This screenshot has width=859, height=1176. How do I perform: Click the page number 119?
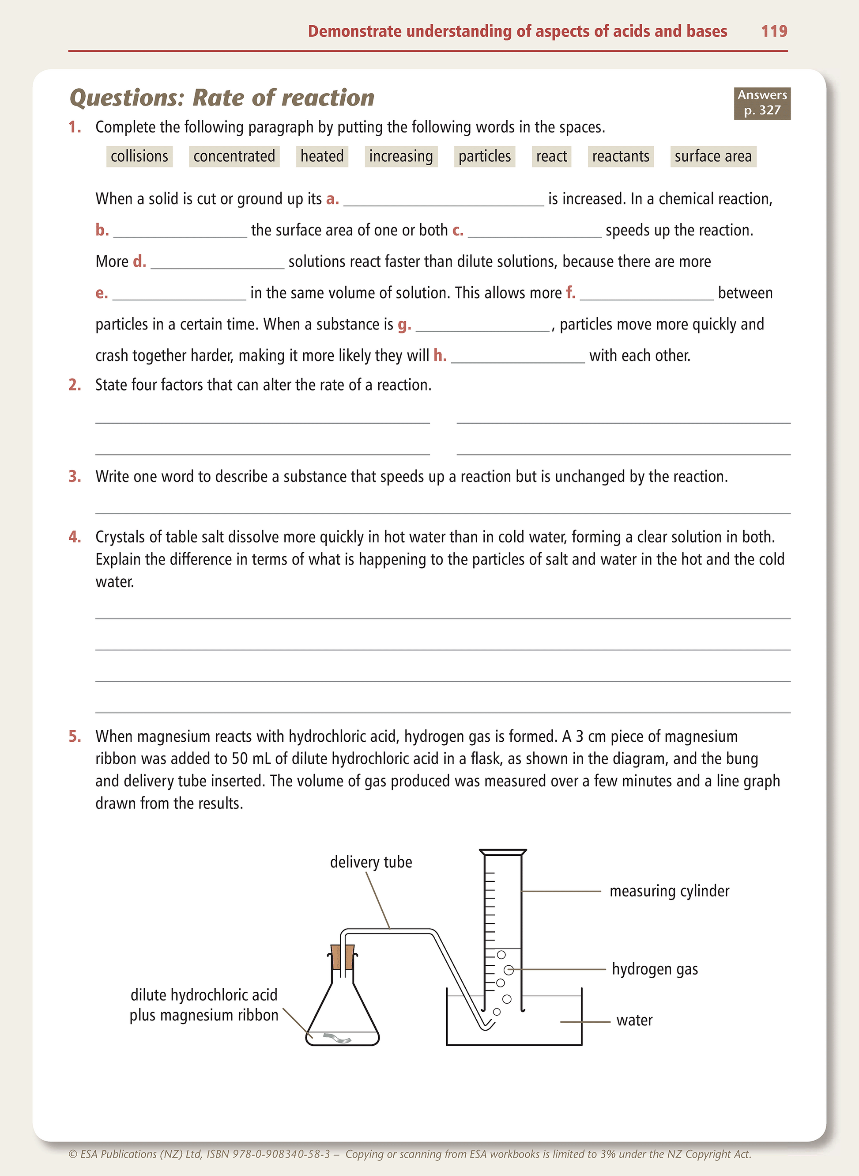(x=774, y=31)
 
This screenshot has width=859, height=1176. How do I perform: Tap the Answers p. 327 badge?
(x=762, y=103)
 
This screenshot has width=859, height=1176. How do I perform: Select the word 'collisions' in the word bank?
(x=139, y=156)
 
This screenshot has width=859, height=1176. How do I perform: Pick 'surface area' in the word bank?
(x=713, y=156)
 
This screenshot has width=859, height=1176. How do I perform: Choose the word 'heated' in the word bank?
(x=322, y=156)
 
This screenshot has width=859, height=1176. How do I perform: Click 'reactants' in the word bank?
(x=620, y=156)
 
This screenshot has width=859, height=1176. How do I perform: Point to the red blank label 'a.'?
(x=333, y=199)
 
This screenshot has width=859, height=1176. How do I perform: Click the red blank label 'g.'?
(x=404, y=324)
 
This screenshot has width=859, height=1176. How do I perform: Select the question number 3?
(x=74, y=477)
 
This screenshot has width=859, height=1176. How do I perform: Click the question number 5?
(x=74, y=736)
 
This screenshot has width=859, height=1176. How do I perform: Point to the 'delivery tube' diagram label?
(x=371, y=862)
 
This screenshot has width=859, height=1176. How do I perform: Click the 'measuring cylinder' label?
(x=669, y=891)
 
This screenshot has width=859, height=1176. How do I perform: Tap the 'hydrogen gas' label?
(x=655, y=969)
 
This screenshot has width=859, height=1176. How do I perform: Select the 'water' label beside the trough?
(x=634, y=1020)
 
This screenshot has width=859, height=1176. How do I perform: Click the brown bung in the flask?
(x=343, y=956)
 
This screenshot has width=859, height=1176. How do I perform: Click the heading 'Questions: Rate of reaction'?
(x=222, y=98)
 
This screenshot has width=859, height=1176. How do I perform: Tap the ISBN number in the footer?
(x=281, y=1153)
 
